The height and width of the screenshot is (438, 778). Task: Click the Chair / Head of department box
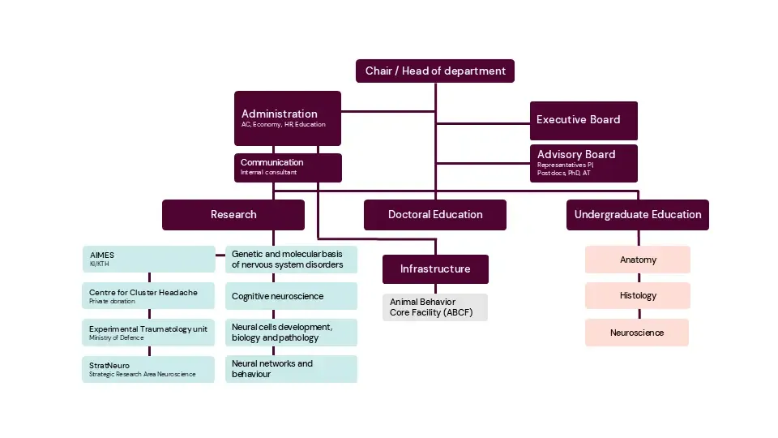tap(435, 71)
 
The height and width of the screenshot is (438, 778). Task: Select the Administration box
tap(288, 118)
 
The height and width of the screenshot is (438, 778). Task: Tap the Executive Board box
tap(583, 120)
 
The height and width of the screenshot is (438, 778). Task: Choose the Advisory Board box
tap(583, 162)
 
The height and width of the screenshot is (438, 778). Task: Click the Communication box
tap(288, 167)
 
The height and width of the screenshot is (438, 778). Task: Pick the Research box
tap(233, 215)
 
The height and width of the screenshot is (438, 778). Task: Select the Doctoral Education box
tap(435, 215)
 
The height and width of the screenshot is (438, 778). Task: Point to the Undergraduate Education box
tap(638, 215)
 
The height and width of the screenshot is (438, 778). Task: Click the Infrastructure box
tap(435, 268)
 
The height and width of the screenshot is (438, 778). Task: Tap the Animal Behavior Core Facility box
tap(435, 307)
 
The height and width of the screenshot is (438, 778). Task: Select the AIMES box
tap(148, 259)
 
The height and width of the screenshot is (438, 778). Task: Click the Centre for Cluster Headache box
tap(148, 296)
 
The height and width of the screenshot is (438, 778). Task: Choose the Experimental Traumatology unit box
tap(148, 333)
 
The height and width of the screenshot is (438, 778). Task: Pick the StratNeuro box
tap(148, 369)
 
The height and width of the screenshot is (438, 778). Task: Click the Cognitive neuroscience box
tap(291, 296)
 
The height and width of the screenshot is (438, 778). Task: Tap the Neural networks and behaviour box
tap(291, 368)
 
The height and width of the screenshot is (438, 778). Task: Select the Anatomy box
tap(638, 260)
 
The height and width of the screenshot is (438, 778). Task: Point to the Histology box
tap(638, 296)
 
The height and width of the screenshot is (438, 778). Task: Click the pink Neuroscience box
tap(638, 333)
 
